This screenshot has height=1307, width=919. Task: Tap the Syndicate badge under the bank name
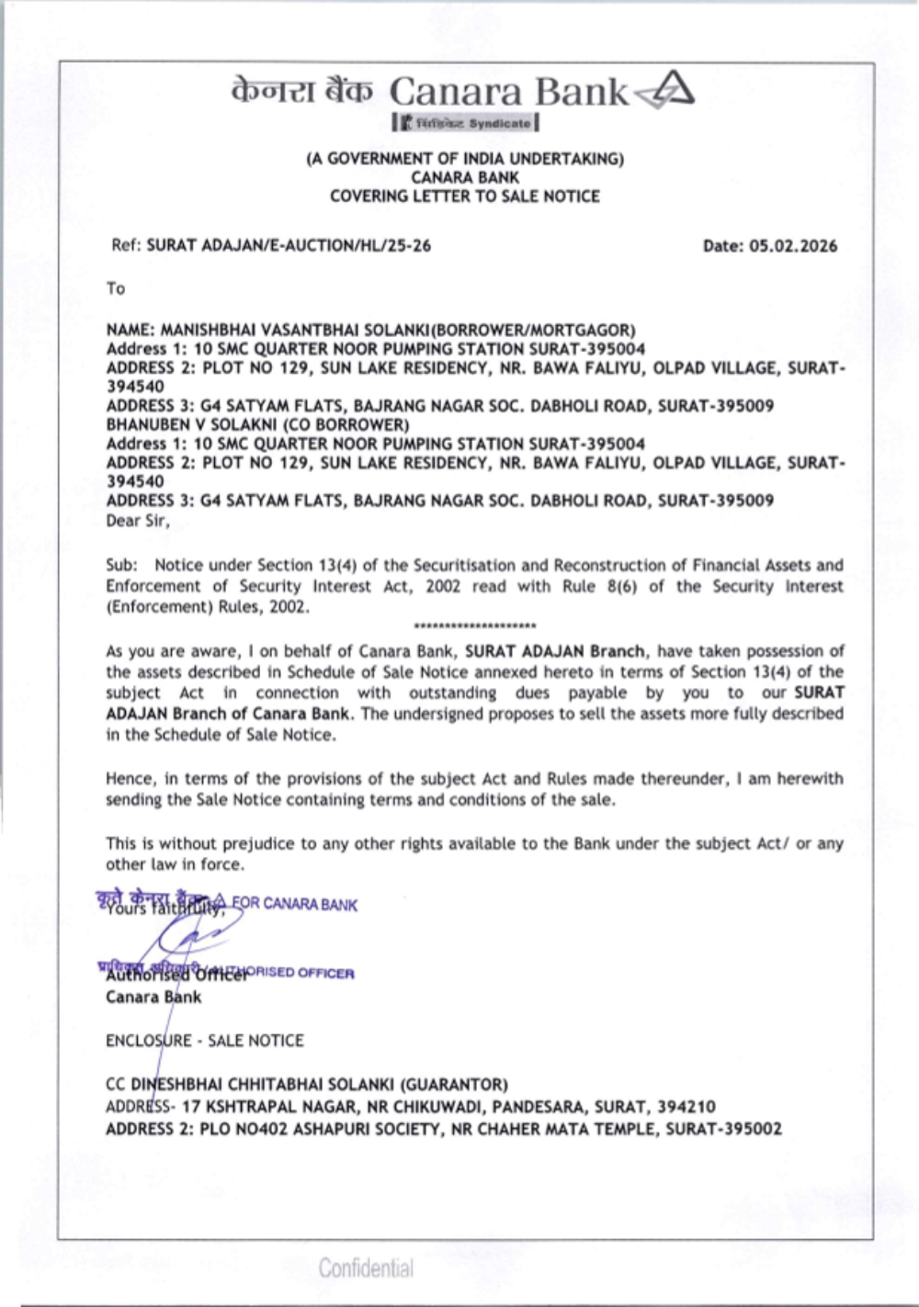465,122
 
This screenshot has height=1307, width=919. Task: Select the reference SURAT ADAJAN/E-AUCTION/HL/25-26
289,245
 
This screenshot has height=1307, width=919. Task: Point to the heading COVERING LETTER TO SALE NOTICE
464,196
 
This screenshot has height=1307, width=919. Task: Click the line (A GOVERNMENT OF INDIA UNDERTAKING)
464,158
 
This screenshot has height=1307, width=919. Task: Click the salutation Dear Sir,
138,521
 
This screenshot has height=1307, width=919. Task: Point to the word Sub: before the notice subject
121,565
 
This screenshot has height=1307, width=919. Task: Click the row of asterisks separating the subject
475,626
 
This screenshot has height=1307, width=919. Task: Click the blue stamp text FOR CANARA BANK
294,905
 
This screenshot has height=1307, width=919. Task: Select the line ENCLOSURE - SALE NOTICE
204,1041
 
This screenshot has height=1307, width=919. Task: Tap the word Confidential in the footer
366,1268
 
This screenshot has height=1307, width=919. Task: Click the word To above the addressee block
115,288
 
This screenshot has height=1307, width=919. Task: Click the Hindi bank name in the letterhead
302,91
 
